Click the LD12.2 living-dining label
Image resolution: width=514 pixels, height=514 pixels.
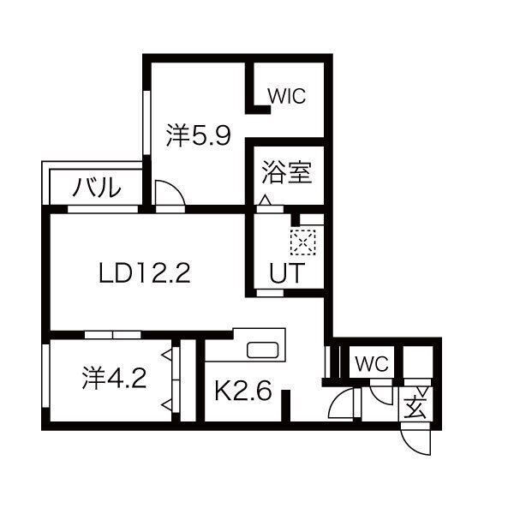click(x=143, y=273)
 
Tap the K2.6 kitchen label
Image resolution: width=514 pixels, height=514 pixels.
click(x=242, y=392)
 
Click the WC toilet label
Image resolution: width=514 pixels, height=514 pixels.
click(x=372, y=363)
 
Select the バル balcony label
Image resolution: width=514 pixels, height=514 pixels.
click(x=95, y=186)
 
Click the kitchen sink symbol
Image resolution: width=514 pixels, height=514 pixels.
click(x=261, y=350)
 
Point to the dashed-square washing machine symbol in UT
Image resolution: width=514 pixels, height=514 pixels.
click(x=303, y=242)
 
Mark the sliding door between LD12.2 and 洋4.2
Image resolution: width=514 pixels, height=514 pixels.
click(x=112, y=332)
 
